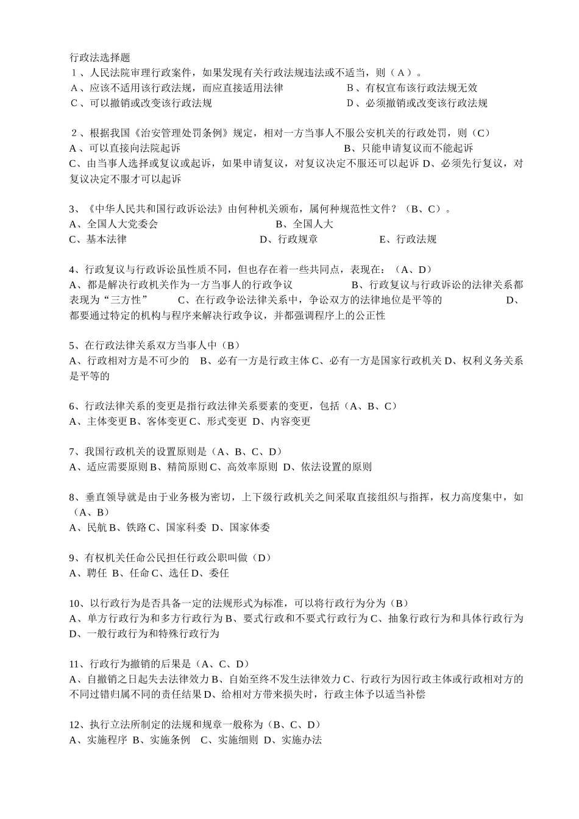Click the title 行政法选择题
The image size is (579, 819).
point(100,58)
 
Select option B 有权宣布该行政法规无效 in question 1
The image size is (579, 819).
point(413,88)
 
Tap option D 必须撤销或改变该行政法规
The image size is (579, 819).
point(417,103)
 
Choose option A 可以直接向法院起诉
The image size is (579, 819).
point(126,148)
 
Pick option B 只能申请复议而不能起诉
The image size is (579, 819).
point(409,148)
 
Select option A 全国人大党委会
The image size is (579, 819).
point(114,224)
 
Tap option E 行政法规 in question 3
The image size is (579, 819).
point(408,239)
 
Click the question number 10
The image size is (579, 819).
point(75,603)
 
